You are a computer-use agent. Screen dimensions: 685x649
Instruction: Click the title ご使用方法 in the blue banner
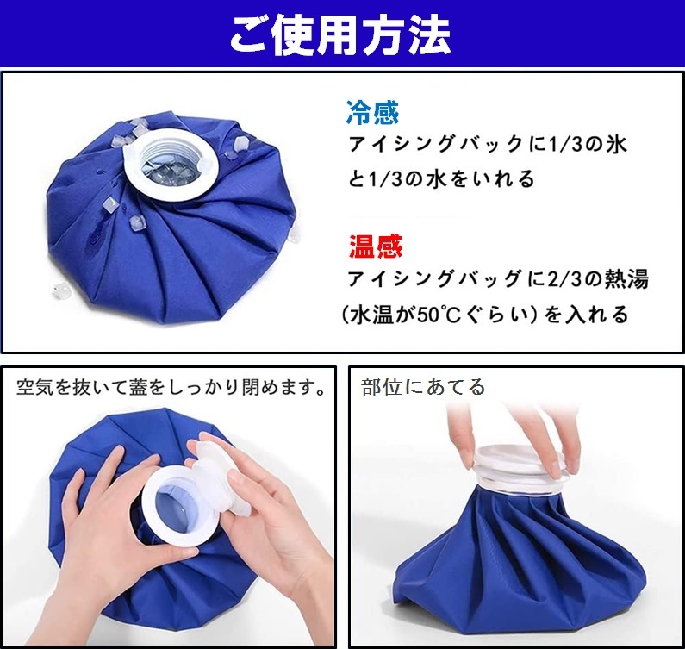(339, 35)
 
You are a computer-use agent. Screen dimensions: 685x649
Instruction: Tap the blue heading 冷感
(372, 112)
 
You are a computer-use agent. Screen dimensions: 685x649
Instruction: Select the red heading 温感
(376, 246)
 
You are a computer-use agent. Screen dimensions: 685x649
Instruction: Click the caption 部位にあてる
(423, 387)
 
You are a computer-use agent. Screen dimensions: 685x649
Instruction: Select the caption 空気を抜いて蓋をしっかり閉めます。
(171, 387)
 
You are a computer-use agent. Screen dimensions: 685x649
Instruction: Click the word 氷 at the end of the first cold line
(616, 144)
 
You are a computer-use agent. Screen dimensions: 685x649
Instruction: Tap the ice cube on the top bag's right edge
(240, 142)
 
